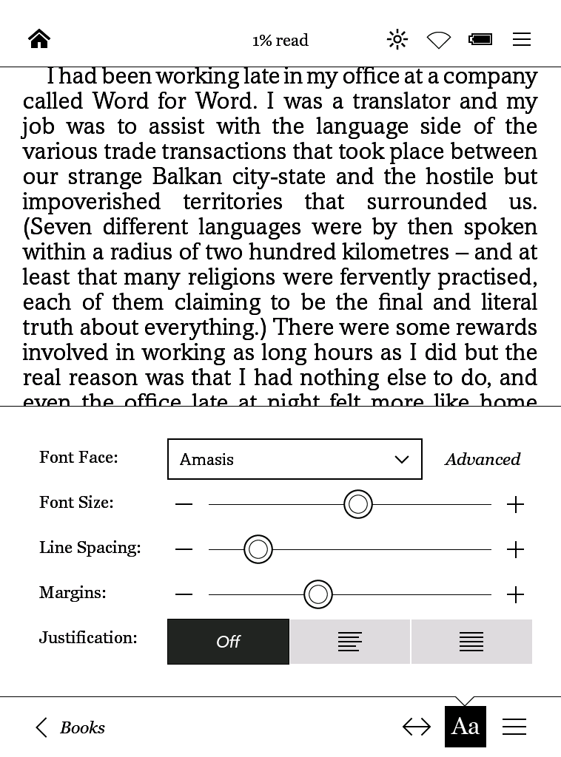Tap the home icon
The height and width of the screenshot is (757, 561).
[39, 39]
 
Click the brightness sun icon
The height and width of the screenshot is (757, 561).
[397, 39]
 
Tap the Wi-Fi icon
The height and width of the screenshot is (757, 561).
[439, 40]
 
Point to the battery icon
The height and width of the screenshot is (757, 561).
[480, 39]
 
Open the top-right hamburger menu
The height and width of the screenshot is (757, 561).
[522, 39]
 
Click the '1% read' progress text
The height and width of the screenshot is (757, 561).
[280, 41]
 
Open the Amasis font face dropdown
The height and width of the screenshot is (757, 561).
[295, 459]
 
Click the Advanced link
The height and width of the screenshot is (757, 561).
[483, 459]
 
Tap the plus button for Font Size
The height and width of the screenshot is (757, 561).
[515, 504]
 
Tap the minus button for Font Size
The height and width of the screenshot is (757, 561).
[184, 504]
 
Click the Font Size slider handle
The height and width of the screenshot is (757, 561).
[358, 504]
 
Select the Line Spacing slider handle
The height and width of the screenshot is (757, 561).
[258, 549]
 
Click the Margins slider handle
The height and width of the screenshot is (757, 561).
[318, 594]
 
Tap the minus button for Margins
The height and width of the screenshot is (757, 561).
[184, 594]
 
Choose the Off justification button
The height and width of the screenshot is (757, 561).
[228, 642]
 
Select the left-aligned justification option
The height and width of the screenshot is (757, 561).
[350, 642]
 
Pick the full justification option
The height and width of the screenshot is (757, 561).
[471, 642]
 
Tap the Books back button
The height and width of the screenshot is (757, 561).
[71, 727]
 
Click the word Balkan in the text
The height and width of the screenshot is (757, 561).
[187, 177]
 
